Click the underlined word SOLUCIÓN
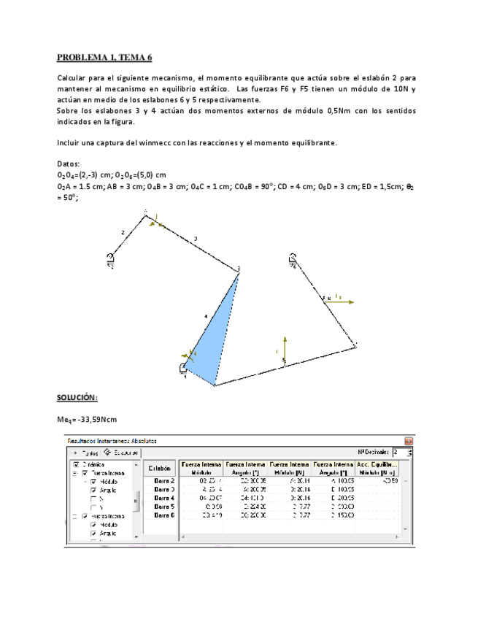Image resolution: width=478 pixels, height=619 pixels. [x=77, y=397]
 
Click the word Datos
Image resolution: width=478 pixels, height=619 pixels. [x=69, y=164]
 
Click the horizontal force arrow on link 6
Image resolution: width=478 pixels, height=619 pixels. [x=339, y=299]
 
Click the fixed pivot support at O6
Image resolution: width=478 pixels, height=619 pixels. [x=292, y=258]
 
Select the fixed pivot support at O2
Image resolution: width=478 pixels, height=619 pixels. [x=110, y=258]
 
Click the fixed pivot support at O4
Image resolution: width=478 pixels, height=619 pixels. [x=185, y=369]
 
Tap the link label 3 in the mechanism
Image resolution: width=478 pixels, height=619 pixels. [x=195, y=238]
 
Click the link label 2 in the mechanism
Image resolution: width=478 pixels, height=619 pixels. [x=123, y=231]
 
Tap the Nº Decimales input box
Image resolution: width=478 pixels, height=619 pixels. [x=399, y=453]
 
